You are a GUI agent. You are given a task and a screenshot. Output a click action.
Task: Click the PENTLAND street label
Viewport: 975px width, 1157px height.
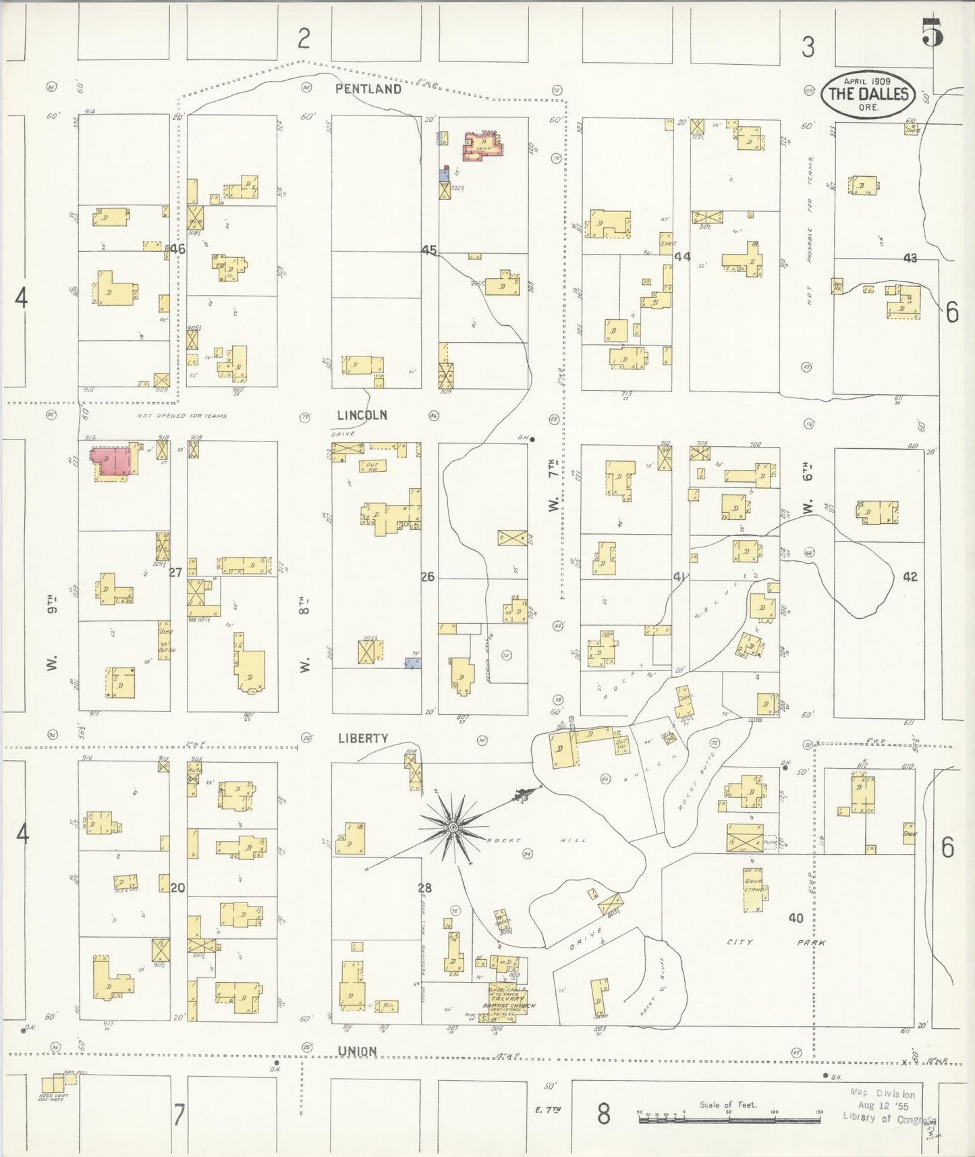368,89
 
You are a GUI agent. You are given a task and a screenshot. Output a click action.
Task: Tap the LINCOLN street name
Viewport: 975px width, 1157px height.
362,415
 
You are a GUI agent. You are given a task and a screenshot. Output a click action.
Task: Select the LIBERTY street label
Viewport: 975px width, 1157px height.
363,738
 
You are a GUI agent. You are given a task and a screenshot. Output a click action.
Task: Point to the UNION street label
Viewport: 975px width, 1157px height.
357,1051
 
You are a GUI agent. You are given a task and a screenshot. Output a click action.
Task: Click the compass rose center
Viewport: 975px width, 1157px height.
453,827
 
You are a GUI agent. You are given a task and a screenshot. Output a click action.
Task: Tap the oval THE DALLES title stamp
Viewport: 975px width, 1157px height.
868,94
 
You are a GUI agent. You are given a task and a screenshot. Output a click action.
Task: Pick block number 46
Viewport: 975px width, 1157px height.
177,248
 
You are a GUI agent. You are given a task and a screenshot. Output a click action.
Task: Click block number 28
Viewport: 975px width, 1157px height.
425,888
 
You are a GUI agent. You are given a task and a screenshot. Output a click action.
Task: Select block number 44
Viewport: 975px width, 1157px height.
682,257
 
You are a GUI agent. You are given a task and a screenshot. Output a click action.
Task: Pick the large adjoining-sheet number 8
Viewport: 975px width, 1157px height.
603,1114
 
